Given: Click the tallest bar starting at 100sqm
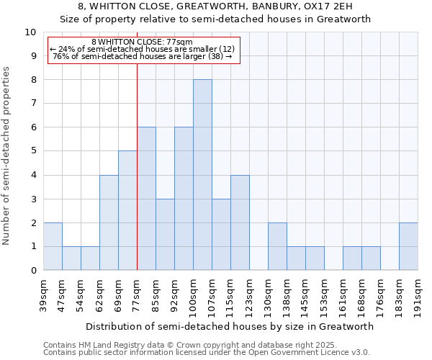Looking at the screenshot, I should coord(202,175).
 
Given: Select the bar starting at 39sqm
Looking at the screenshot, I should coord(53,246).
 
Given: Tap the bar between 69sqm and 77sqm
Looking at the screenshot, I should coord(127,210).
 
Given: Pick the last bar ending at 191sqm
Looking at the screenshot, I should coord(408,246).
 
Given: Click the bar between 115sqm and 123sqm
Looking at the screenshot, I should coord(240,222).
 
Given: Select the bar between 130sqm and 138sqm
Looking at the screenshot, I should coord(277,246).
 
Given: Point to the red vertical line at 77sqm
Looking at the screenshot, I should coord(137,158).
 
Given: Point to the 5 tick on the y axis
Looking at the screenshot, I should coord(33,151).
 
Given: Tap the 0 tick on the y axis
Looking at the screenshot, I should coord(33,271).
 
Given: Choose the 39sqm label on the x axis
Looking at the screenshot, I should coord(43,294).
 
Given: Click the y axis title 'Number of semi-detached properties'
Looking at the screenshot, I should coord(6,156).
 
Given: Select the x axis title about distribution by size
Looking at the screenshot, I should coord(230,326).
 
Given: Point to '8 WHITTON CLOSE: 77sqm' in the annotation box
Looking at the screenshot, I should coord(142,42).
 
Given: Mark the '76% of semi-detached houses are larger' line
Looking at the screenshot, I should coord(142,56).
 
